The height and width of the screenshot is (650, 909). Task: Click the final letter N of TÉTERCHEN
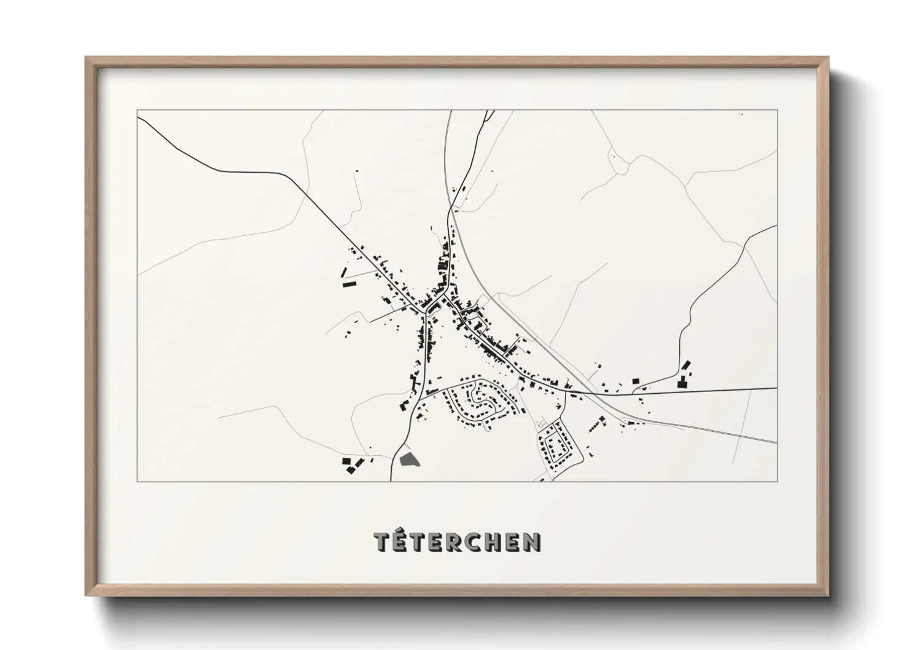point(532,541)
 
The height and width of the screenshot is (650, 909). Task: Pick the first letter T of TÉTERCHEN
point(383,541)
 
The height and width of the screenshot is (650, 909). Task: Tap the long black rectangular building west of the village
point(349,284)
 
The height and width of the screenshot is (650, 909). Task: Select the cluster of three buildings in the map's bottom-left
point(349,464)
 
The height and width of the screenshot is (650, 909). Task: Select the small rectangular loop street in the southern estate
point(556,447)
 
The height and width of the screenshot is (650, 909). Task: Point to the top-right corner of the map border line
point(777,111)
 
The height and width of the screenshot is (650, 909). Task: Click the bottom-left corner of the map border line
point(138,481)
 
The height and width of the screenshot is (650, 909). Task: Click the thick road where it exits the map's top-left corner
point(139,119)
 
